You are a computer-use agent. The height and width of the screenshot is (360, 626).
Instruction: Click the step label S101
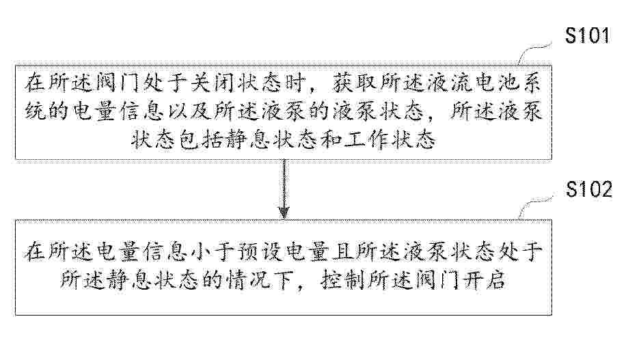click(587, 36)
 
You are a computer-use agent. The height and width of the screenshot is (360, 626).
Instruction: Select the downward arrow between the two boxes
click(284, 189)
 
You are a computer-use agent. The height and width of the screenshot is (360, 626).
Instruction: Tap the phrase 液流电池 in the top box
click(473, 83)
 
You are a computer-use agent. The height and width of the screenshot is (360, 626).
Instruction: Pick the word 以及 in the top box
click(189, 111)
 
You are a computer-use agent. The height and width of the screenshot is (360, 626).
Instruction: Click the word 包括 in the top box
click(201, 139)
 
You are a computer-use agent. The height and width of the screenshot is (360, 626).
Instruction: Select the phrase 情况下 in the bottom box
click(260, 280)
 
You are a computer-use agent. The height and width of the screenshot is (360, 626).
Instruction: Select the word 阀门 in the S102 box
click(437, 280)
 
